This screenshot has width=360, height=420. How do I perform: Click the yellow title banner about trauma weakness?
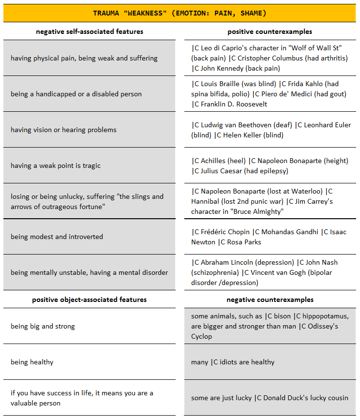click(x=180, y=13)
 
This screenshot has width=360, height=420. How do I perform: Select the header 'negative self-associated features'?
click(x=90, y=32)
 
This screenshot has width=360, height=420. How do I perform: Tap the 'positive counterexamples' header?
click(x=270, y=32)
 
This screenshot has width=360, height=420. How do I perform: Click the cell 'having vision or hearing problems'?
click(x=63, y=130)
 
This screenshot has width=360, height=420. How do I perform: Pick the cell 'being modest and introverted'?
click(x=57, y=237)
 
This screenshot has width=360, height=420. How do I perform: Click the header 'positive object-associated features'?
click(x=90, y=300)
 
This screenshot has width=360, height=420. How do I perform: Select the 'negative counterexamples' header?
click(x=270, y=300)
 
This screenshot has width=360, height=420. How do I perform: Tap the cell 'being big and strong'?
click(x=43, y=326)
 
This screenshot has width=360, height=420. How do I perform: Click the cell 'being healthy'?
click(x=32, y=362)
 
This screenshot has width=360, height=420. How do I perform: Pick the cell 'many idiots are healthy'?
click(x=233, y=362)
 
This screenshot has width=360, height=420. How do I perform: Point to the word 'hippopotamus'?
click(x=324, y=316)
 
